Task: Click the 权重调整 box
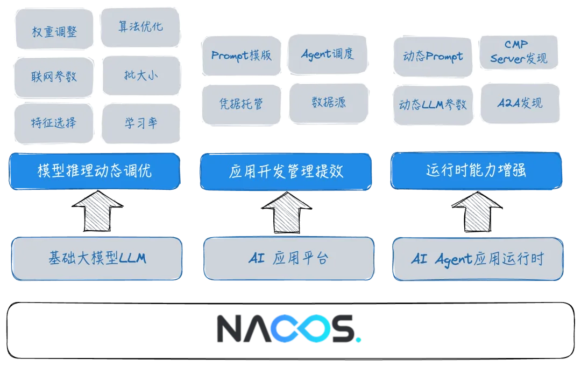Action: [x=54, y=31]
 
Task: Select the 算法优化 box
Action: [x=140, y=27]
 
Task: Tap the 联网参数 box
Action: [x=54, y=77]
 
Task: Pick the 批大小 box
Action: [x=140, y=75]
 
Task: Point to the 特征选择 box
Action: [x=54, y=123]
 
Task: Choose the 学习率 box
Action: [x=140, y=123]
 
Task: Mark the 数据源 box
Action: [x=329, y=102]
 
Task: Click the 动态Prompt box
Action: [x=433, y=57]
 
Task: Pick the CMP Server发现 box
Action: [x=518, y=52]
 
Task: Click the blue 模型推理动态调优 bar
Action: [x=94, y=171]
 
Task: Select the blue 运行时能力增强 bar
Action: [x=476, y=170]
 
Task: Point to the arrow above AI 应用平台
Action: [x=286, y=212]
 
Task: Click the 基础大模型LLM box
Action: [x=97, y=258]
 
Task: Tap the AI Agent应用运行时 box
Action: [x=477, y=259]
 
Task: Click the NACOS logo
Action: [x=288, y=327]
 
